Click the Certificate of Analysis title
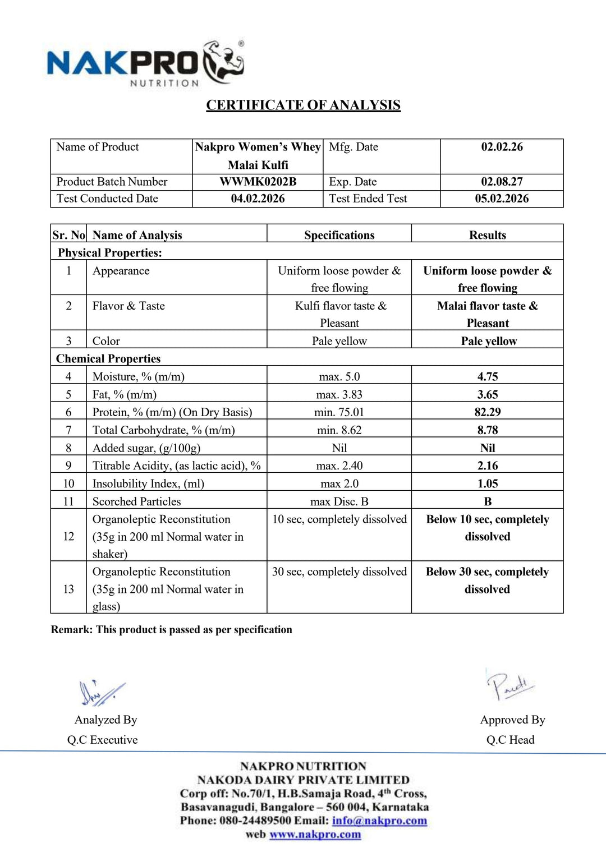(x=303, y=105)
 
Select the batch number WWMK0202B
(x=258, y=182)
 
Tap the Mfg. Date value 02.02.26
(x=502, y=147)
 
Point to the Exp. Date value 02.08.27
(x=502, y=182)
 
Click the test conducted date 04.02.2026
(x=258, y=199)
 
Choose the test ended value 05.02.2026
(x=502, y=199)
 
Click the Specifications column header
(x=339, y=235)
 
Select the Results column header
(x=487, y=235)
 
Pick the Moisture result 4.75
(x=487, y=376)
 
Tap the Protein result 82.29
(x=487, y=412)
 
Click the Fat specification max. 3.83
(x=339, y=394)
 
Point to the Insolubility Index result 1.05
(x=487, y=483)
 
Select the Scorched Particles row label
(x=136, y=501)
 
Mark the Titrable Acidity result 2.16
(x=487, y=466)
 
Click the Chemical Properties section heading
(x=108, y=358)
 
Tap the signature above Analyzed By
(x=101, y=693)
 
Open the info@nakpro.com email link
(x=379, y=821)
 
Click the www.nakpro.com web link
(x=315, y=835)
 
